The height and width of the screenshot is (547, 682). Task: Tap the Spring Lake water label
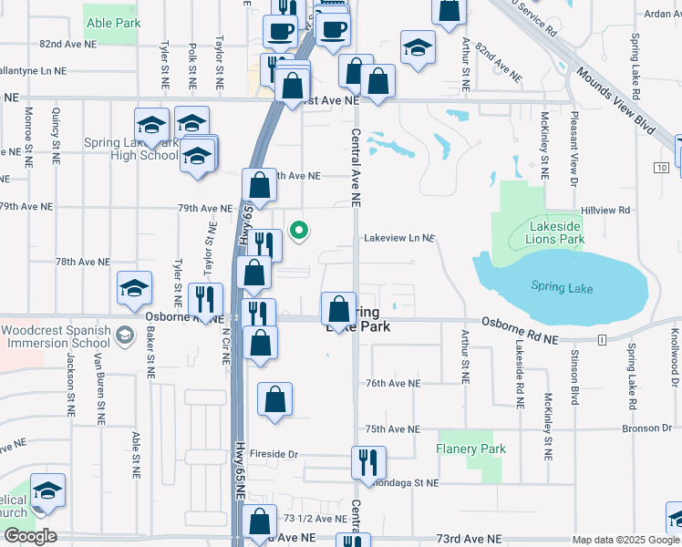tap(562, 288)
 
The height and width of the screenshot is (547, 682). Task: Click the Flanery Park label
tap(470, 449)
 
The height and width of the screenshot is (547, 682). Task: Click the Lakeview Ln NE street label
tap(398, 238)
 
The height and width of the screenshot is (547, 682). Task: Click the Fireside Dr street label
tap(274, 453)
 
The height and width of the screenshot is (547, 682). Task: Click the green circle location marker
tap(297, 231)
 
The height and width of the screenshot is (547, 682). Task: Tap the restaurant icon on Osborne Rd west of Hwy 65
tap(205, 299)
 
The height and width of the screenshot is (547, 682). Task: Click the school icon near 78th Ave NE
tap(134, 289)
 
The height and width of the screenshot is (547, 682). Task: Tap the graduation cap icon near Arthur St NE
tap(418, 48)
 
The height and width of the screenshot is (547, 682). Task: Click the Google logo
tap(30, 536)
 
